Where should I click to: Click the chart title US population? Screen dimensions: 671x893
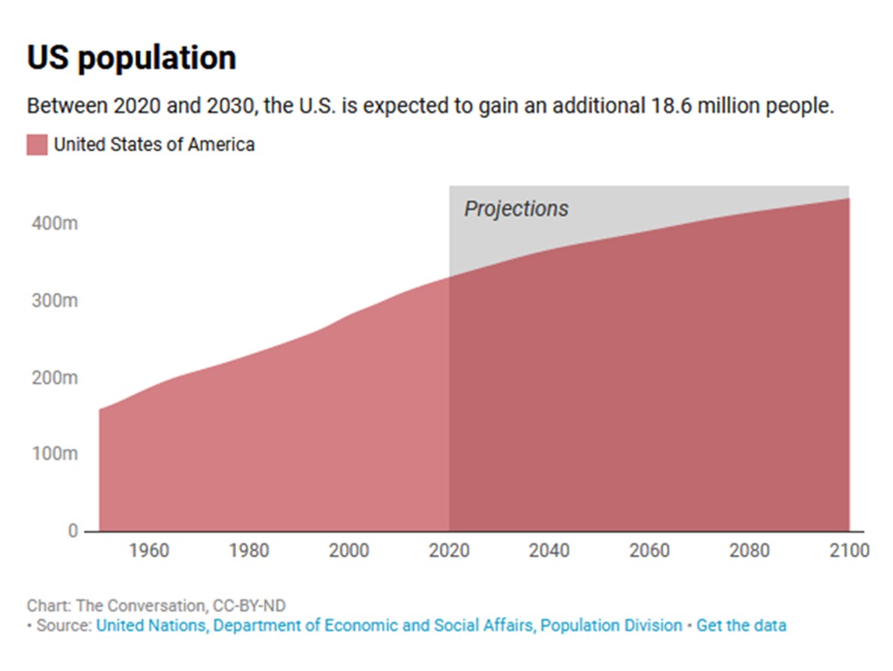click(132, 58)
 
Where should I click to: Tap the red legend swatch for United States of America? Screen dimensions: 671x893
click(37, 144)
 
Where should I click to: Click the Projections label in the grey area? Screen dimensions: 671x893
click(516, 208)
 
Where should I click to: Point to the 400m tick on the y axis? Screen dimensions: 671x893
click(55, 224)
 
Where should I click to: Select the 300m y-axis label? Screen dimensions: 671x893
click(55, 301)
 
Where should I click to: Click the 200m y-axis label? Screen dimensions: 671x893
click(55, 378)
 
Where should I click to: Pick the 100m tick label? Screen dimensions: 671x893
click(55, 454)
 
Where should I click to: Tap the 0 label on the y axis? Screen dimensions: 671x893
click(73, 531)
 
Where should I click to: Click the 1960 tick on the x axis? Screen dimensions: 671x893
click(149, 551)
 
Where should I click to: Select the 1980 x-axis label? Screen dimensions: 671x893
click(249, 551)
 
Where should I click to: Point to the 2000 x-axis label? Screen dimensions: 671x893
click(349, 551)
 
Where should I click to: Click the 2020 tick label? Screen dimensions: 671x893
click(449, 551)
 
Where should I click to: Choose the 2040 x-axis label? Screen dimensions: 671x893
click(549, 551)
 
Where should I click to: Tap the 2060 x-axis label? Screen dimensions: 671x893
click(649, 551)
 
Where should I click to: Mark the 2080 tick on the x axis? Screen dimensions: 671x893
click(749, 551)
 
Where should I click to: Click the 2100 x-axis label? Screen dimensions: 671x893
click(848, 551)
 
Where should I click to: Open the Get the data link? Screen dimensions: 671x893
click(741, 625)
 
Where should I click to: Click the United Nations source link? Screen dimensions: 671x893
click(389, 625)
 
